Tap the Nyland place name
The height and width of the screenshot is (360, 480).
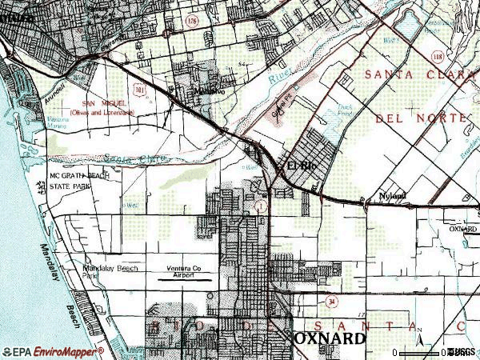coord(393,196)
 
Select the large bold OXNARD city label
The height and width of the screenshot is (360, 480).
coord(330,338)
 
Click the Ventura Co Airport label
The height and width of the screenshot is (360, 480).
coord(188,270)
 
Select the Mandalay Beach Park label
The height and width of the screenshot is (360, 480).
coord(110,271)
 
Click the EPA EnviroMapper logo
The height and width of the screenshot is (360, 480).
coord(54,351)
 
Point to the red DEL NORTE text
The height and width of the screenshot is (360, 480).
coord(419,118)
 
